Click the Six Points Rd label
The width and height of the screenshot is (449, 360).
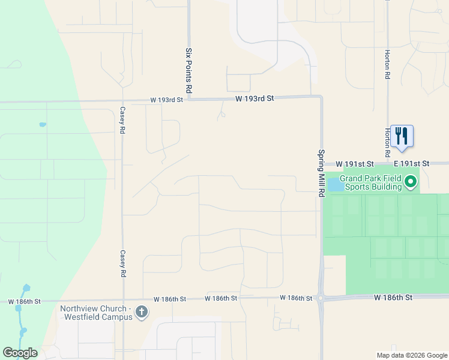click(188, 70)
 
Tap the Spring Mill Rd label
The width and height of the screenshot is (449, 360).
click(321, 173)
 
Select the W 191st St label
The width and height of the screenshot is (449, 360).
click(355, 164)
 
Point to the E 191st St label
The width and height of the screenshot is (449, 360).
click(412, 163)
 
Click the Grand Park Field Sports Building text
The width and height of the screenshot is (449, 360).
click(370, 182)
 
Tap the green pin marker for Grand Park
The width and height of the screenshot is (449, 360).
click(411, 181)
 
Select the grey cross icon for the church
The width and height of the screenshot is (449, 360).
click(141, 312)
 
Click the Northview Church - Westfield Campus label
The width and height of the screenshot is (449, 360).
click(95, 313)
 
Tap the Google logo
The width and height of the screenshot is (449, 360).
click(20, 353)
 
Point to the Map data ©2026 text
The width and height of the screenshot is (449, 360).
click(411, 355)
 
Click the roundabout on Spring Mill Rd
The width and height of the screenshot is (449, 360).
click(322, 298)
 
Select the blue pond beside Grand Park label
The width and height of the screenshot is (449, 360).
click(334, 184)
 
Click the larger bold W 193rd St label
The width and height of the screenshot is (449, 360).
click(255, 98)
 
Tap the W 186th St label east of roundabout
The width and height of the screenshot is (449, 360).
click(393, 297)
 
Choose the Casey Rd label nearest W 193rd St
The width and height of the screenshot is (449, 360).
click(122, 120)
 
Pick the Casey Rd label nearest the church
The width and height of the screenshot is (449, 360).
click(122, 263)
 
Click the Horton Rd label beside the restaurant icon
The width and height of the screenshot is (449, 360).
click(388, 139)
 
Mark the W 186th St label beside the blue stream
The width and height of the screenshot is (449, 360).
click(25, 301)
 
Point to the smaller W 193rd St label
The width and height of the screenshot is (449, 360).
click(166, 100)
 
